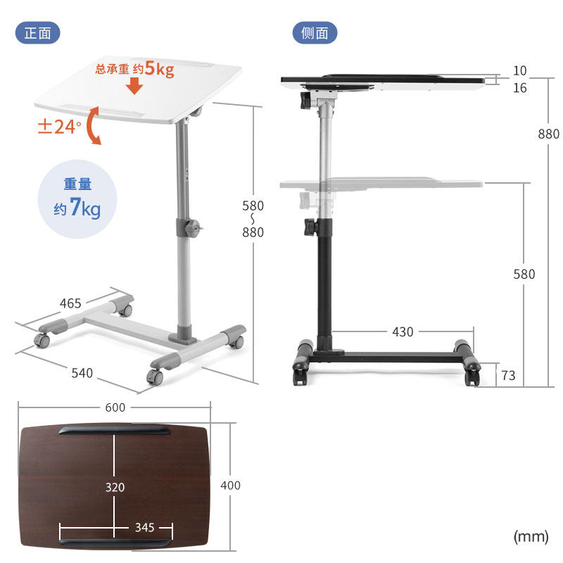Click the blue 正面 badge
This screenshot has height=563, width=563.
click(38, 33)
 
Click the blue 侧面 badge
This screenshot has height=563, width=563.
click(315, 33)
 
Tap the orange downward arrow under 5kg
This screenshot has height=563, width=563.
click(134, 85)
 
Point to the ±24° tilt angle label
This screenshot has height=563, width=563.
click(59, 127)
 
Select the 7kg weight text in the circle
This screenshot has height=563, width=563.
click(84, 208)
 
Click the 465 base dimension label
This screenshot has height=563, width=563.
click(70, 303)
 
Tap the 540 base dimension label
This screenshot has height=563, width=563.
click(82, 373)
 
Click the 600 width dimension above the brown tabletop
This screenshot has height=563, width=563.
click(115, 407)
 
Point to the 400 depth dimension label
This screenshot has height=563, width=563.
click(231, 486)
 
